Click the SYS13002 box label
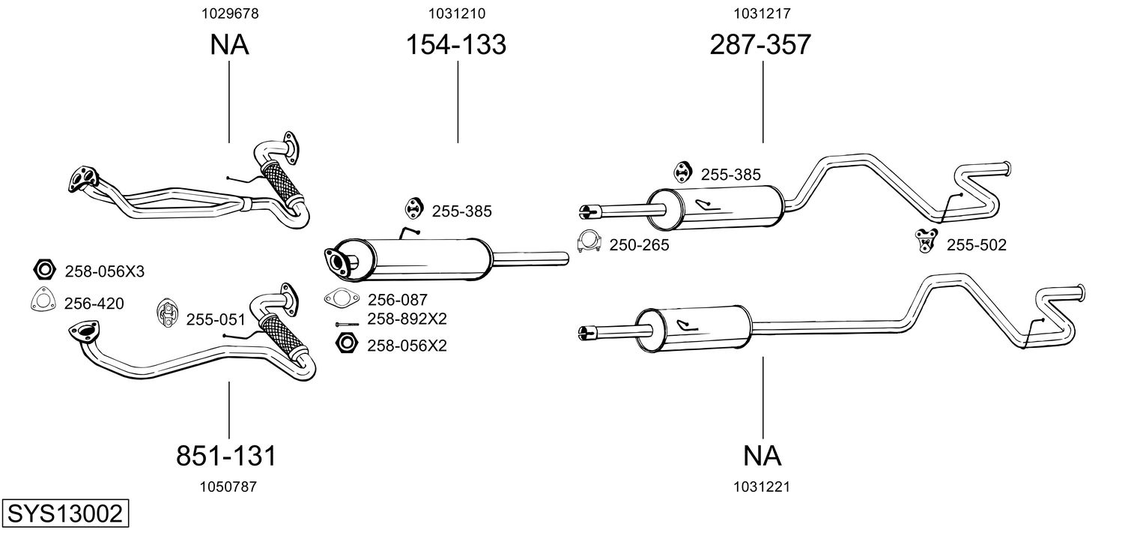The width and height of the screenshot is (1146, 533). pos(64,514)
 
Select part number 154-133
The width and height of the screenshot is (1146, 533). pos(456,45)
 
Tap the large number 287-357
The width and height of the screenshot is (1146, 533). pos(760,45)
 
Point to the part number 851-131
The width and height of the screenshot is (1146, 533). pos(226,455)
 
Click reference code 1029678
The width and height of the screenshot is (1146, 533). pos(228,13)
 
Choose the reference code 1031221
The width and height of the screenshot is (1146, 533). pos(763,487)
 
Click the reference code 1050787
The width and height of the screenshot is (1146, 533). pos(228,487)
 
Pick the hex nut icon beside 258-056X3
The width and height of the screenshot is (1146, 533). pos(45,270)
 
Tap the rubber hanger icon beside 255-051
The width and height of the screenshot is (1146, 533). pos(168,313)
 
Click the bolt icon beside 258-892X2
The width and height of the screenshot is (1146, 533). pos(348,324)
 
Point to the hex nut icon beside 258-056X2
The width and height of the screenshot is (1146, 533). pos(346,344)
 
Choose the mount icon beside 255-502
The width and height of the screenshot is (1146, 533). pos(927,240)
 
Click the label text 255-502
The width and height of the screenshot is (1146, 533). pos(977,244)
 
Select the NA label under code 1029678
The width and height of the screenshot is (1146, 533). pos(228,45)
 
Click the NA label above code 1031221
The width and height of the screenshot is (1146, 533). pos(763,455)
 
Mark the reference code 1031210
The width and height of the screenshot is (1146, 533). pos(456,13)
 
